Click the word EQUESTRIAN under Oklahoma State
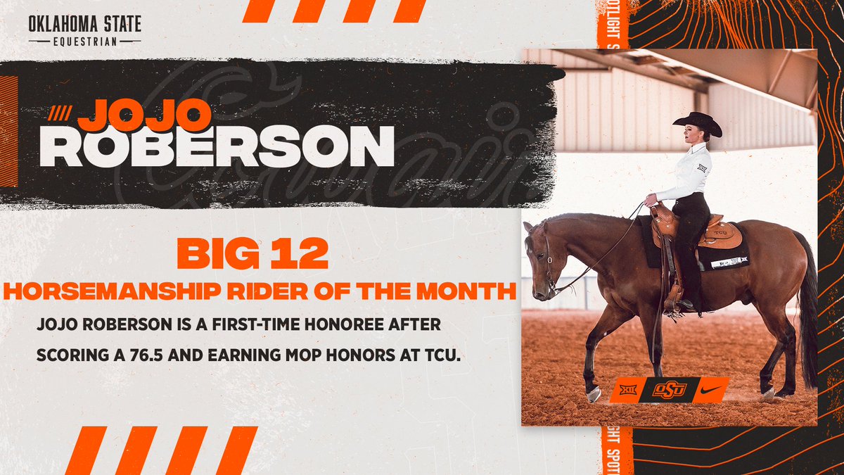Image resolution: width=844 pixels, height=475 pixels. [x=84, y=41]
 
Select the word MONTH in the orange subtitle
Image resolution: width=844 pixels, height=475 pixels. [x=466, y=291]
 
